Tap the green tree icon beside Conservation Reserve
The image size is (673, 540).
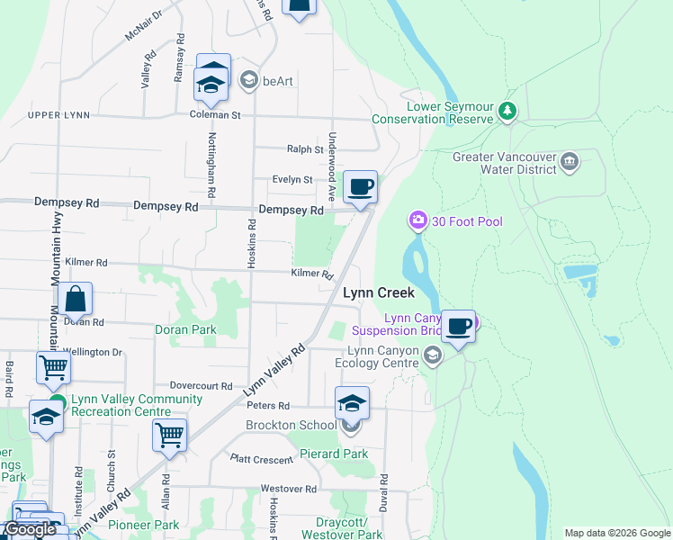point(508,112)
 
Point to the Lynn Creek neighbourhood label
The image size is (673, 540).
point(379,292)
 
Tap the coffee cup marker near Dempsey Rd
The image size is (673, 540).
point(360,187)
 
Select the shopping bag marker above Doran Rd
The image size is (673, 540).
point(76,298)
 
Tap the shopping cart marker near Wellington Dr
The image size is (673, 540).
point(53,366)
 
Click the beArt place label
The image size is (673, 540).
point(277,81)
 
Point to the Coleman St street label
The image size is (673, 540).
point(215,115)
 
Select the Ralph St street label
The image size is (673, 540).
point(305,149)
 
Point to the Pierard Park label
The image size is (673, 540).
point(334,454)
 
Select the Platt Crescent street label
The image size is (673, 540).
point(261,460)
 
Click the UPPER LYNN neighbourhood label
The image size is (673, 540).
point(59,116)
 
